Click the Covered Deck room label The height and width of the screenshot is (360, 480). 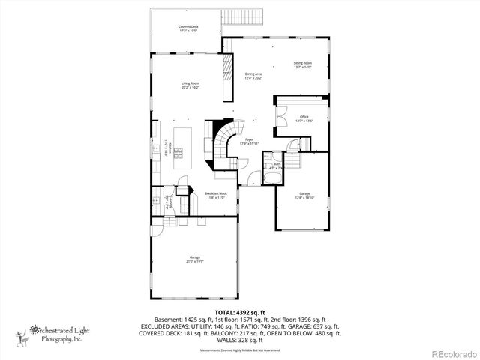(x=188, y=27)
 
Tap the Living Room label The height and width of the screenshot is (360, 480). (x=190, y=83)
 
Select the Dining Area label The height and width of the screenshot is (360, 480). (x=253, y=74)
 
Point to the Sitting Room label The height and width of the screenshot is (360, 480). (x=302, y=64)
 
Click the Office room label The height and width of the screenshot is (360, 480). (x=304, y=117)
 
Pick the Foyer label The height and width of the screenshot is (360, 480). (x=249, y=139)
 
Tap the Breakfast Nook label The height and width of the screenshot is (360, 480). (x=215, y=194)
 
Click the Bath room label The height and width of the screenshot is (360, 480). (x=276, y=164)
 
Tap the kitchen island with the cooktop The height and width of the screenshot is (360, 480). (x=180, y=151)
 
